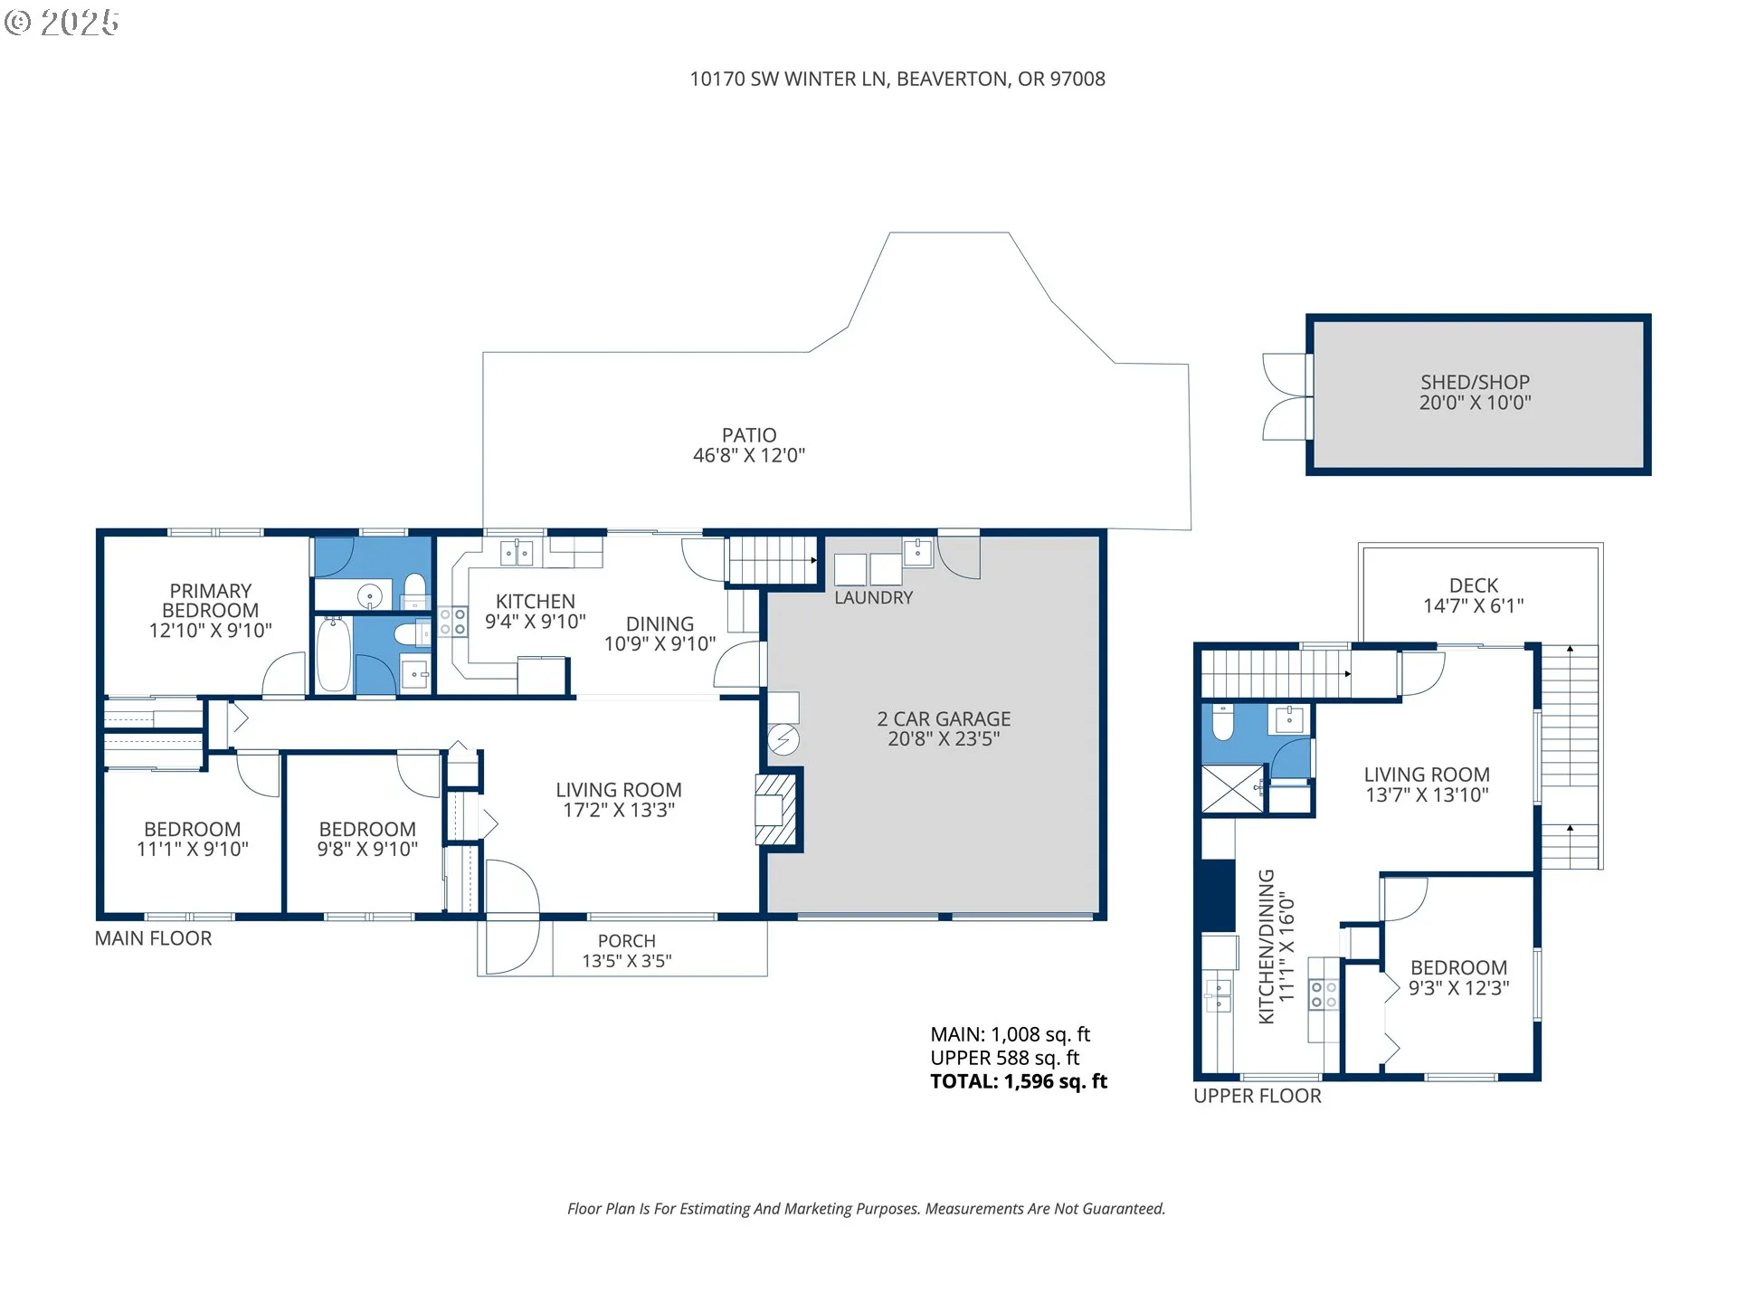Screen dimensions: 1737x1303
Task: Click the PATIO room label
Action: [749, 435]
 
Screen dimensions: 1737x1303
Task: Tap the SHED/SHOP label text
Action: [1475, 382]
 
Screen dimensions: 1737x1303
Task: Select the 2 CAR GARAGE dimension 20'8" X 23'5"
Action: [944, 739]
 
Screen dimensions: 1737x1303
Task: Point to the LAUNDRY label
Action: [873, 598]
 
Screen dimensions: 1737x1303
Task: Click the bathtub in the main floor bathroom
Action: [333, 653]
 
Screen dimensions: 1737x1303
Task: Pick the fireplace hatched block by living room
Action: [776, 809]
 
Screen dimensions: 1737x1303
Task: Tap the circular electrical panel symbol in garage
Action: [783, 740]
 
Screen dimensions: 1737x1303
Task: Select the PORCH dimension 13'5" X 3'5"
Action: [627, 961]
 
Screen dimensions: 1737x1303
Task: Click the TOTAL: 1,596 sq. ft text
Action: [1019, 1081]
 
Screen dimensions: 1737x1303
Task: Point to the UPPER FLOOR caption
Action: [1258, 1096]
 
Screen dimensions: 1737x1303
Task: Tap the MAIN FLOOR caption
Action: [154, 938]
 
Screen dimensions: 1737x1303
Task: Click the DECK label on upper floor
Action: [1474, 585]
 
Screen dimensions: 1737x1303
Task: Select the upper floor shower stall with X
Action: [1232, 788]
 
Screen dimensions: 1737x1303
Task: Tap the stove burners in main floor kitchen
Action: [453, 622]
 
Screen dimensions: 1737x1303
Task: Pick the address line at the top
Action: [897, 79]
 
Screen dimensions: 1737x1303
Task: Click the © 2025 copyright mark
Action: [62, 23]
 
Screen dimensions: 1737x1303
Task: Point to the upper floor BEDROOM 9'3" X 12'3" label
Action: [1458, 978]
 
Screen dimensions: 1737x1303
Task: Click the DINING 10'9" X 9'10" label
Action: [660, 633]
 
